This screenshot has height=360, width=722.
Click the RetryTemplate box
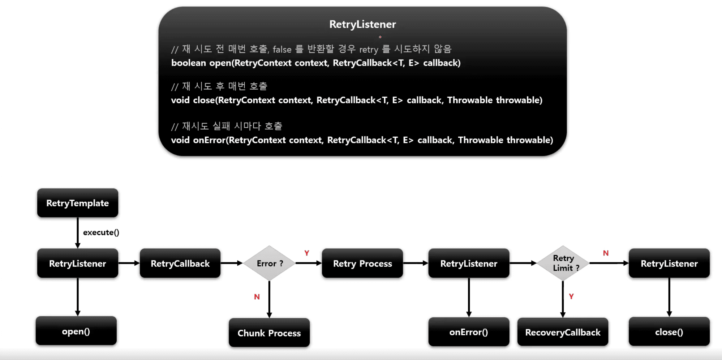77,203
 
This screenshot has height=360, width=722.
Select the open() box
76,331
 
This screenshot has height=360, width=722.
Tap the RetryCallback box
180,263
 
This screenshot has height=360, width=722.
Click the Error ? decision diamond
269,263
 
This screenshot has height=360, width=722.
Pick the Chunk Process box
269,333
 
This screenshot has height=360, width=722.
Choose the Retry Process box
362,263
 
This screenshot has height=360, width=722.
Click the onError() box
469,332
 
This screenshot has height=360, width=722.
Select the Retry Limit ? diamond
563,263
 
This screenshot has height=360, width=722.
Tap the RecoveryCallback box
563,332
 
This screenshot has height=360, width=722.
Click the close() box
669,332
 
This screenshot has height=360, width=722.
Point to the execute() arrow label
101,232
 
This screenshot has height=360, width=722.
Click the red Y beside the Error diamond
307,253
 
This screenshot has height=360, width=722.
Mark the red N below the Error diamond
257,297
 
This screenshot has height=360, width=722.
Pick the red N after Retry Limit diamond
606,253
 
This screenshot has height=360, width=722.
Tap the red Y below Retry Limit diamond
571,296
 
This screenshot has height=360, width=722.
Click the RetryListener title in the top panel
363,24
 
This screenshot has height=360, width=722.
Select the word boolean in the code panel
188,63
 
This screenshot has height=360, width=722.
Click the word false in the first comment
282,49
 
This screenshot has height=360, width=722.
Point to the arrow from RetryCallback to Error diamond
232,263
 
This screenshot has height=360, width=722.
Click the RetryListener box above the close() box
669,263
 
